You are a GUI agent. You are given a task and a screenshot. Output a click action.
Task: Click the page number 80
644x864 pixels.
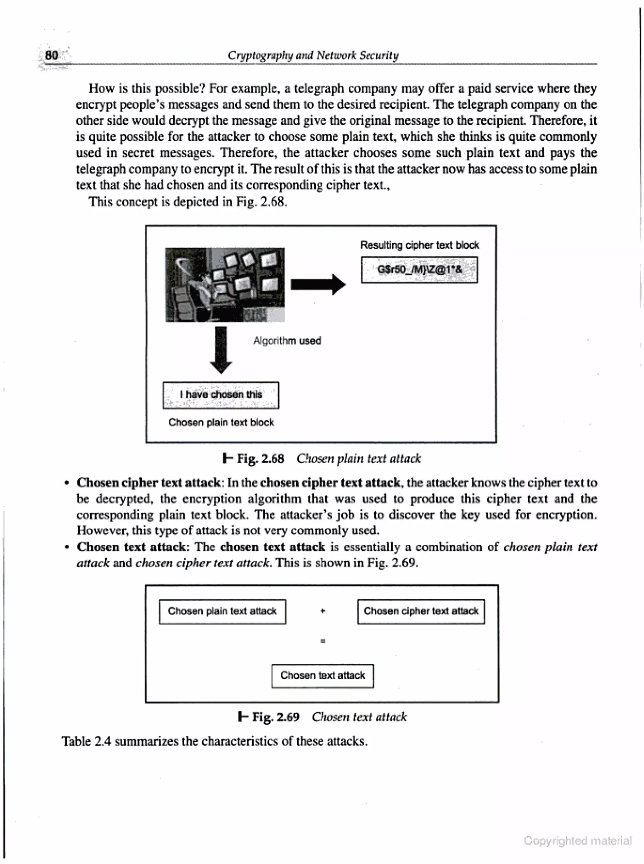point(52,55)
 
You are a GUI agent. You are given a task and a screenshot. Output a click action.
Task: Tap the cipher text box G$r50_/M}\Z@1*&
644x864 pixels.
point(419,270)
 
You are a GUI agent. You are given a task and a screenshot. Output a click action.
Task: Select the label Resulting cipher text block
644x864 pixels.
point(419,245)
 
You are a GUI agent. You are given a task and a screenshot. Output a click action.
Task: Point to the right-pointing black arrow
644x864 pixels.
point(318,284)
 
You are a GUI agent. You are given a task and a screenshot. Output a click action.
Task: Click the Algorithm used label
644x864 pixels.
point(287,340)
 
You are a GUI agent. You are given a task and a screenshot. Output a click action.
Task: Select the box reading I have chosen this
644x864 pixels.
point(221,395)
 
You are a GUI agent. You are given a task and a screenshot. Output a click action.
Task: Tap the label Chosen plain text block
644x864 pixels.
point(221,422)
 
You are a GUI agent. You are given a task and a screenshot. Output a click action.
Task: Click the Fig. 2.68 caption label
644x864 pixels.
point(260,459)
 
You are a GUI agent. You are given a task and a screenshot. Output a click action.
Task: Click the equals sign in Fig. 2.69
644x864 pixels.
point(322,641)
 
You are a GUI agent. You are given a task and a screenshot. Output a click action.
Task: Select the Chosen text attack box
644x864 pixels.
point(322,675)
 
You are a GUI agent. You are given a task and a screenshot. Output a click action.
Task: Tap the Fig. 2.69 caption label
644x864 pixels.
point(275,717)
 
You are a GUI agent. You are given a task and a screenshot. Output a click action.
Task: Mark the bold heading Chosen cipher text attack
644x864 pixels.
point(148,483)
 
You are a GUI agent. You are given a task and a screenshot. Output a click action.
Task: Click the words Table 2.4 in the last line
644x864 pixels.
point(86,741)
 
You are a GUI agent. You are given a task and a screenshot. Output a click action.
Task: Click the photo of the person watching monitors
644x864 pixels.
point(225,285)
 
